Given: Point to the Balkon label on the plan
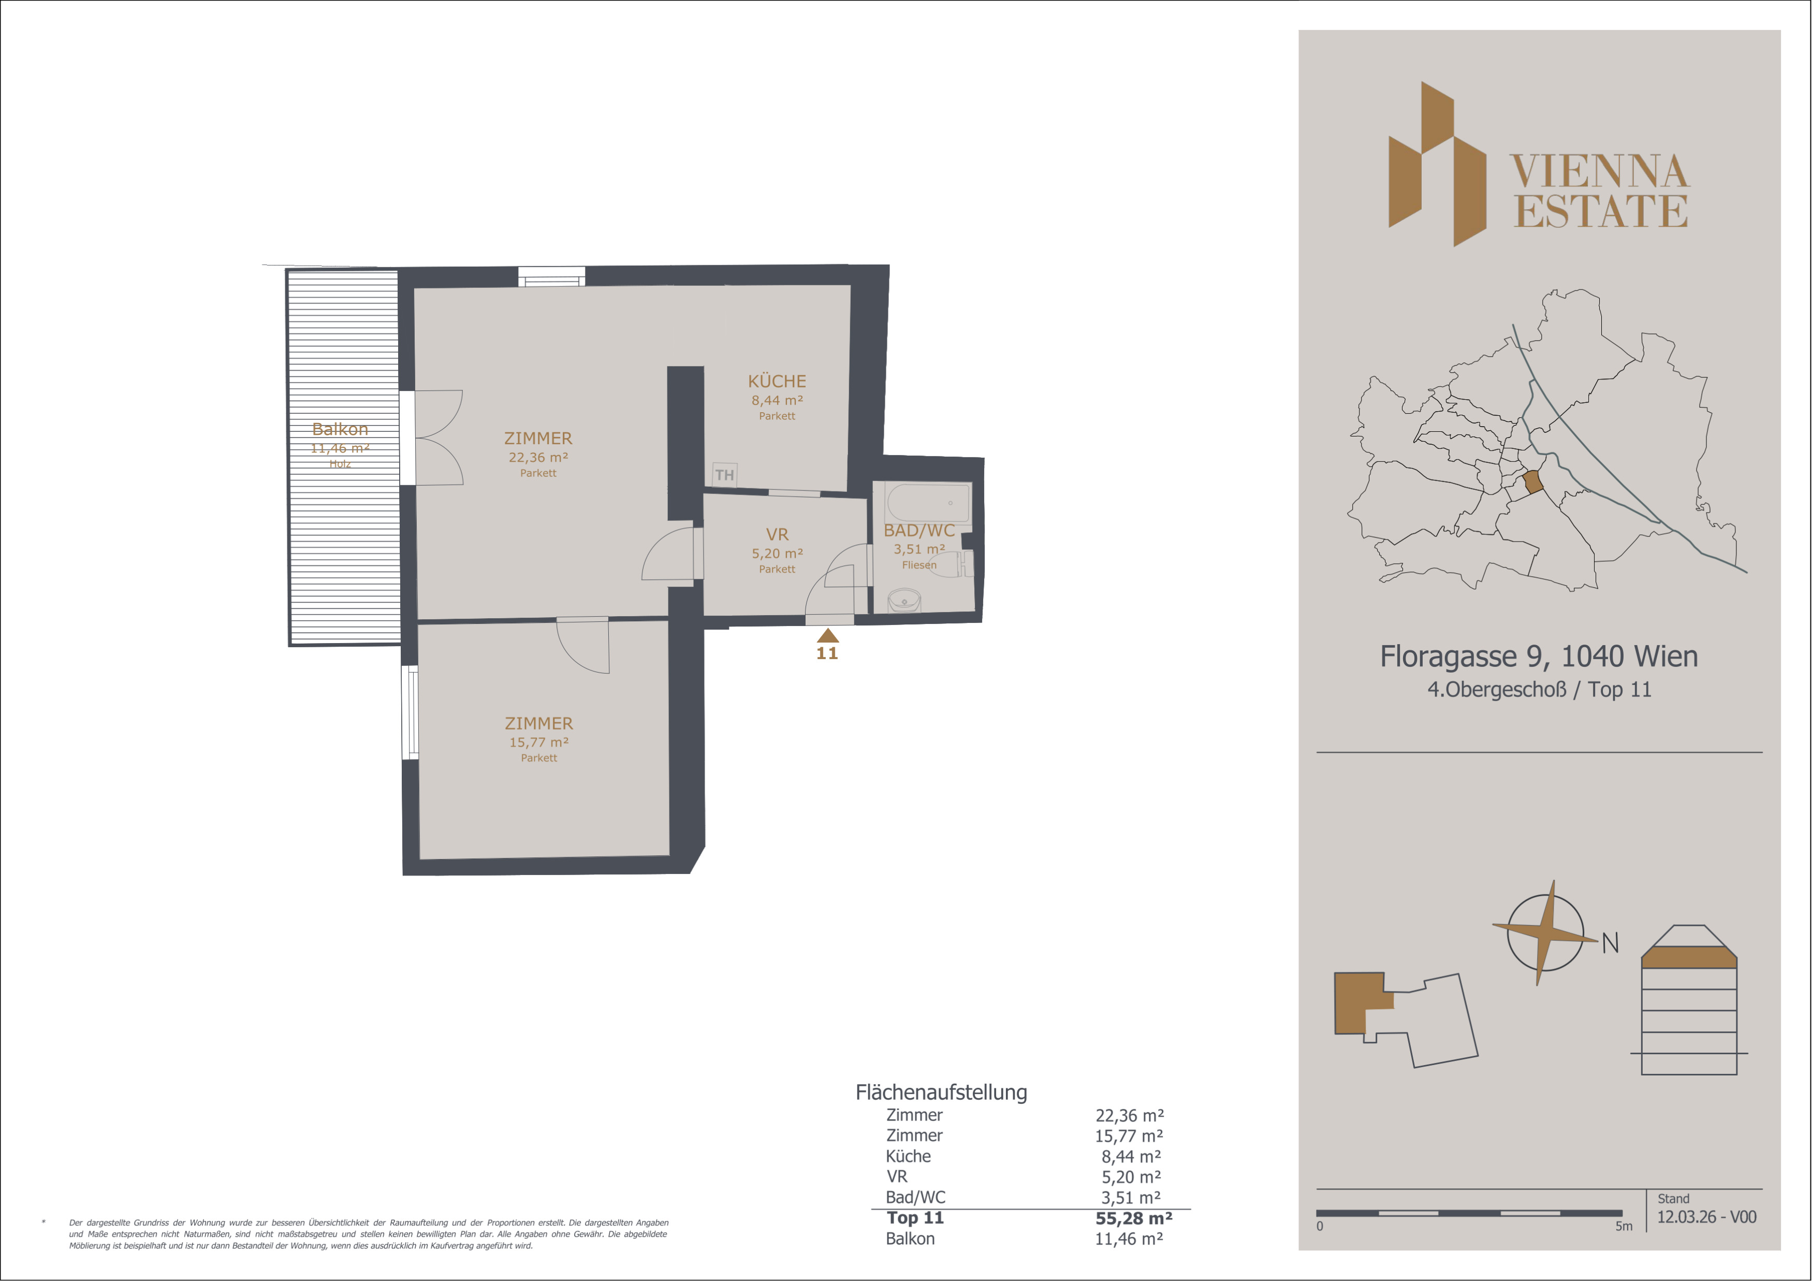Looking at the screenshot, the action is click(340, 429).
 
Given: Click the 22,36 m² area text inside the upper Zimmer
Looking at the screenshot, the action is click(538, 457).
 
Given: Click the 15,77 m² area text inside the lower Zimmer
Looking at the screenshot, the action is click(539, 742).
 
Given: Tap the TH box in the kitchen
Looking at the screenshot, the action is click(724, 474).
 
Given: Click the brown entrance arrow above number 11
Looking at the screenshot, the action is click(827, 635).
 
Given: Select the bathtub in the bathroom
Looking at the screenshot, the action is click(928, 503).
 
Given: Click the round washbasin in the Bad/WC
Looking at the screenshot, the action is click(904, 602).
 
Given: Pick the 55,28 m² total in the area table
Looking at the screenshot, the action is click(1133, 1218).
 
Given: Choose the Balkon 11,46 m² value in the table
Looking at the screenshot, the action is click(1129, 1239).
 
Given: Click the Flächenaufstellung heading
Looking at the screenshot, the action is click(942, 1093).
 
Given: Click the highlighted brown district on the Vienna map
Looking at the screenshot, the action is click(1532, 482).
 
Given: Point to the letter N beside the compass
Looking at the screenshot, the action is click(1610, 942).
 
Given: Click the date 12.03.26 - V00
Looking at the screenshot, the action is click(1706, 1217).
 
